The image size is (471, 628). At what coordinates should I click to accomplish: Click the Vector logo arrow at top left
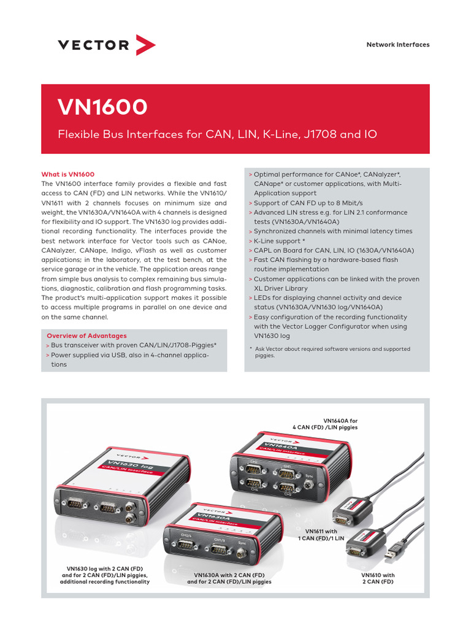click(x=145, y=45)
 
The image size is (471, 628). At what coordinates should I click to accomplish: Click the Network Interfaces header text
click(x=397, y=45)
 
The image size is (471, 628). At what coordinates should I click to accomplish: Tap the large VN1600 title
click(x=102, y=108)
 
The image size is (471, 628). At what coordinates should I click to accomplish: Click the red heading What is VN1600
click(x=67, y=174)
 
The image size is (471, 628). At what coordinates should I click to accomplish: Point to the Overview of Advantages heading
click(x=86, y=335)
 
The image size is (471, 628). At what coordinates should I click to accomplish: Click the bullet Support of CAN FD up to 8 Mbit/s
click(x=308, y=202)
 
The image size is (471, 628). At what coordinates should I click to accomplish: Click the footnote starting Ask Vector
click(x=331, y=352)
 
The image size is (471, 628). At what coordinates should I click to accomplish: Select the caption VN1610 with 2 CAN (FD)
click(x=378, y=578)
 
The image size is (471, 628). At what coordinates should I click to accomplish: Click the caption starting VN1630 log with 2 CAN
click(x=105, y=575)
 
